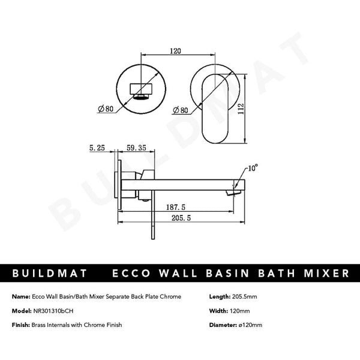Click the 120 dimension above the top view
point(175,52)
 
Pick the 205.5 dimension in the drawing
point(177,220)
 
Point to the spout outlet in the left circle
point(142,94)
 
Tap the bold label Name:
point(20,297)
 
